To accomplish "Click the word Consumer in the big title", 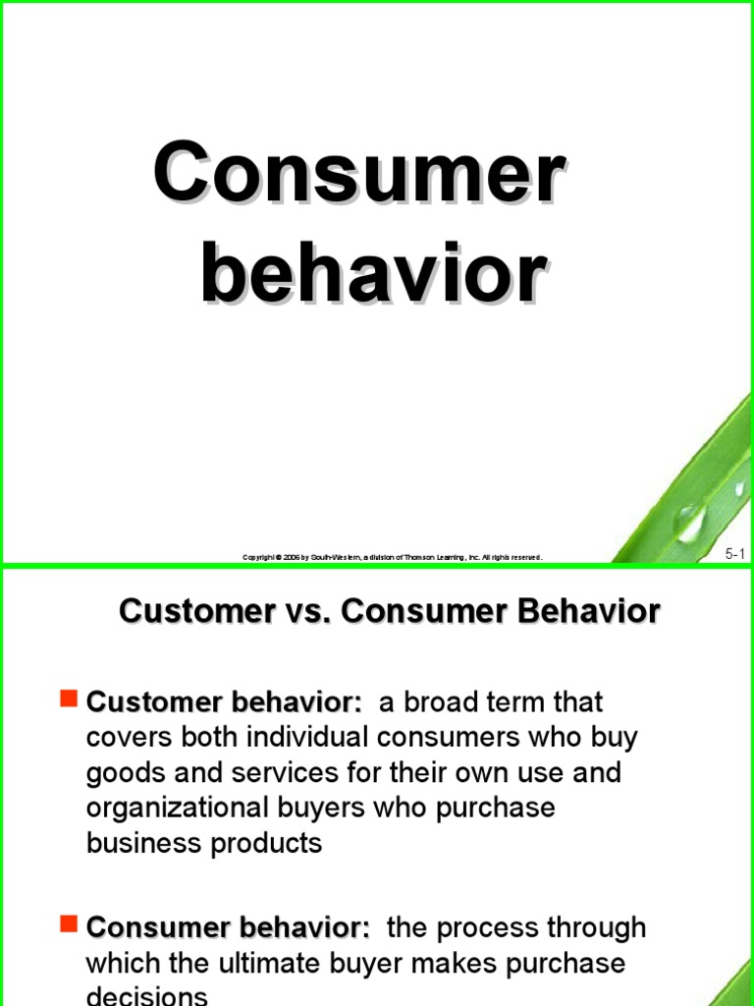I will (x=358, y=174).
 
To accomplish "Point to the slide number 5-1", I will (x=735, y=554).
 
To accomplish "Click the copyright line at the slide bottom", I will (x=392, y=557).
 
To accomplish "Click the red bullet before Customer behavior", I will (x=68, y=699).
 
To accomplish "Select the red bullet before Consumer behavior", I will (x=68, y=923).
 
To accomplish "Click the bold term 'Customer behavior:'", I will (x=225, y=702).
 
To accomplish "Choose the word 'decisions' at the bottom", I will (x=147, y=995).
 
